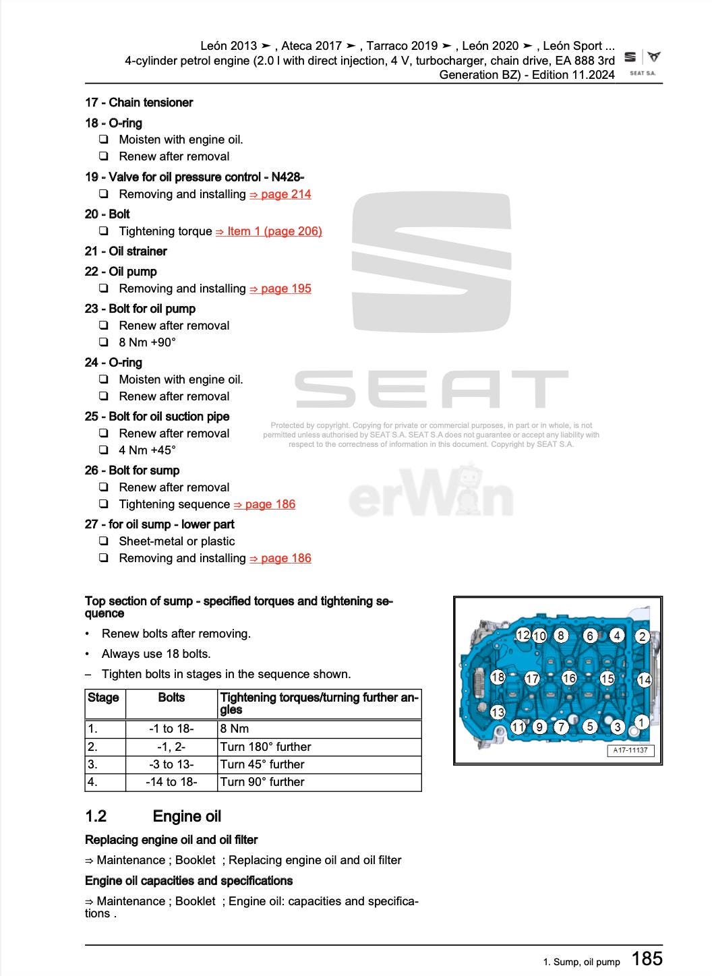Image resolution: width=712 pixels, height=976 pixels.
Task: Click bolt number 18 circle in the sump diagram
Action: [498, 677]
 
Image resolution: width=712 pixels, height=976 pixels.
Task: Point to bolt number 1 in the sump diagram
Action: [641, 722]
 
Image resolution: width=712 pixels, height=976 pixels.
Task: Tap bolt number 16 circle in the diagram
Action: [569, 678]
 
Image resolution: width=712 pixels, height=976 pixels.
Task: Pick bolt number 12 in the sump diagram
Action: [523, 635]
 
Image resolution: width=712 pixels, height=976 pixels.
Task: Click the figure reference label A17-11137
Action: [630, 751]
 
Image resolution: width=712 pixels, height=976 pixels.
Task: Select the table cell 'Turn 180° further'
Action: [266, 747]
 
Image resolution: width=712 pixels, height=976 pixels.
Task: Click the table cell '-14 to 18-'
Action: [171, 782]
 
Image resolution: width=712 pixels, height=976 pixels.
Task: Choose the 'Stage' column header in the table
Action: [103, 698]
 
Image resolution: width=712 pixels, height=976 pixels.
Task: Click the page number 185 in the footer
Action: [647, 958]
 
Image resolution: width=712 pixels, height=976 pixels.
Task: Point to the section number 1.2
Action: [96, 816]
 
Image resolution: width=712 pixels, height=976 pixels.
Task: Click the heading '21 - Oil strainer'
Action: [126, 251]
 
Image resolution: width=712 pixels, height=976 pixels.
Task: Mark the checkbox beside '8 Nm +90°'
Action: [104, 342]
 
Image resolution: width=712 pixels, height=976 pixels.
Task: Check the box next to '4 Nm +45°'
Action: [104, 450]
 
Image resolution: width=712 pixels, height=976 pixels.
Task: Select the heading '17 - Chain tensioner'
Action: [139, 102]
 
